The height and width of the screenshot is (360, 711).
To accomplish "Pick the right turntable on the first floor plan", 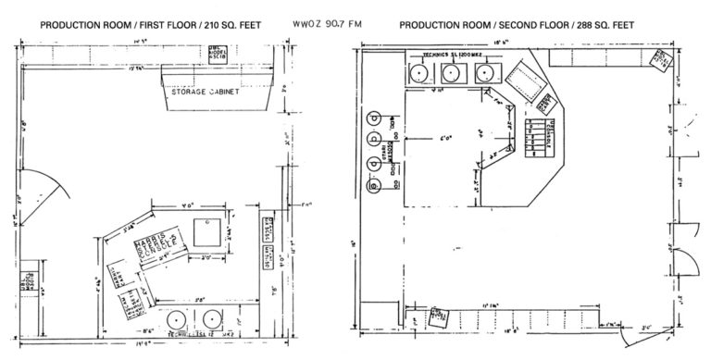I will [218, 317].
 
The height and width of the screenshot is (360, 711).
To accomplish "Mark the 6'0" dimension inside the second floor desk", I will [446, 141].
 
